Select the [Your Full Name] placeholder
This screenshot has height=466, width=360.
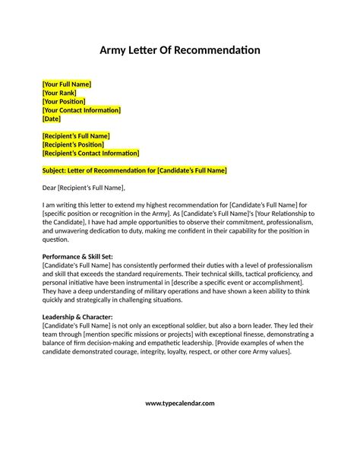click(x=67, y=83)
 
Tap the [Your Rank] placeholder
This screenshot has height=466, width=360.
click(x=59, y=92)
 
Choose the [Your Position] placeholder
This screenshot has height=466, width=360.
click(x=64, y=101)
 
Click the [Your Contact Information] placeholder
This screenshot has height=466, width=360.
click(x=81, y=110)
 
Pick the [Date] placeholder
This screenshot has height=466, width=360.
click(x=52, y=119)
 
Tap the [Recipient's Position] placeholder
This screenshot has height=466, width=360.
click(x=73, y=144)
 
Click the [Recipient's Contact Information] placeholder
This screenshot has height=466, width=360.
click(x=90, y=154)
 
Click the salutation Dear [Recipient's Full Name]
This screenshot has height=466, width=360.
click(x=83, y=187)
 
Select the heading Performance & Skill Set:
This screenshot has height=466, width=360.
click(x=77, y=257)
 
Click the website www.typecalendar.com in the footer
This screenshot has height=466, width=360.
click(x=180, y=424)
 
